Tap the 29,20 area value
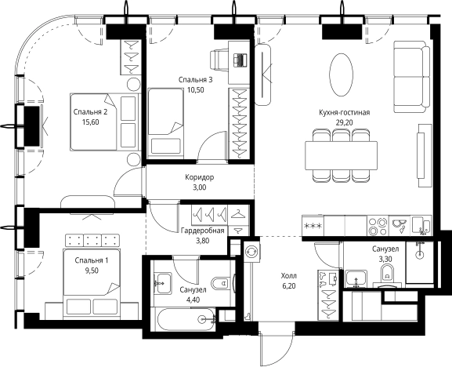pyautogui.click(x=344, y=122)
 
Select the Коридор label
pyautogui.click(x=200, y=177)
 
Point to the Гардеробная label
pyautogui.click(x=203, y=231)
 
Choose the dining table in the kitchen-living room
pyautogui.click(x=342, y=156)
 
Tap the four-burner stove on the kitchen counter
pyautogui.click(x=378, y=227)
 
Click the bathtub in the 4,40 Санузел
pyautogui.click(x=186, y=319)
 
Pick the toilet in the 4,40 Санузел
pyautogui.click(x=222, y=283)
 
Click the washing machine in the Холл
pyautogui.click(x=251, y=252)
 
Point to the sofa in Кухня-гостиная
pyautogui.click(x=412, y=77)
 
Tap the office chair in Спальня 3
pyautogui.click(x=219, y=60)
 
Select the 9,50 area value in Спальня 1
pyautogui.click(x=92, y=271)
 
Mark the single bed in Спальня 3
pyautogui.click(x=165, y=122)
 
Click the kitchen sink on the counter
pyautogui.click(x=400, y=225)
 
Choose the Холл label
pyautogui.click(x=289, y=276)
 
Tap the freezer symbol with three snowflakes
pyautogui.click(x=313, y=226)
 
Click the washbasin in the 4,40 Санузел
pyautogui.click(x=162, y=283)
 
